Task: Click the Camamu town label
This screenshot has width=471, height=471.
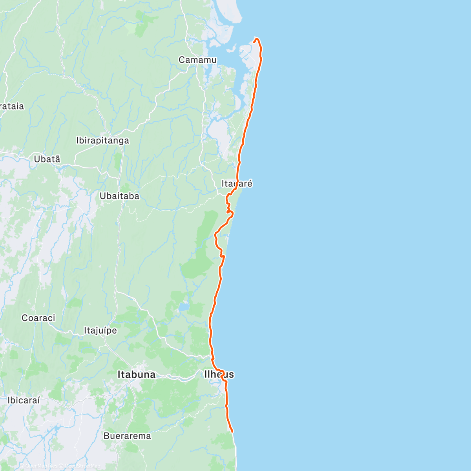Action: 197,60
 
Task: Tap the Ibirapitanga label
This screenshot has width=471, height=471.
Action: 102,141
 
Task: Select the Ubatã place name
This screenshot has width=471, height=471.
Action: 47,159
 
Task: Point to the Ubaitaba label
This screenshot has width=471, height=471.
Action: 119,196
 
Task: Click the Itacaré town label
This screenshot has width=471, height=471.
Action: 237,184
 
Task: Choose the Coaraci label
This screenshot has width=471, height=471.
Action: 38,318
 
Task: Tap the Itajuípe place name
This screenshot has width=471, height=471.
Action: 100,330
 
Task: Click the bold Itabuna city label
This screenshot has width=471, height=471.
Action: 137,375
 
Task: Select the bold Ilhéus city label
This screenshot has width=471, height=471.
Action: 219,374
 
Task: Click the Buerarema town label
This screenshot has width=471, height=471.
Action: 127,436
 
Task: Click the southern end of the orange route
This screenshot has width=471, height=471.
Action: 233,432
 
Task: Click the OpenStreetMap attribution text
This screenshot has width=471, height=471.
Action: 82,466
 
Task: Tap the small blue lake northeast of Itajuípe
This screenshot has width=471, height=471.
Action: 183,307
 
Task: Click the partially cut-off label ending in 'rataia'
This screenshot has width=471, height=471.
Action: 12,106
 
